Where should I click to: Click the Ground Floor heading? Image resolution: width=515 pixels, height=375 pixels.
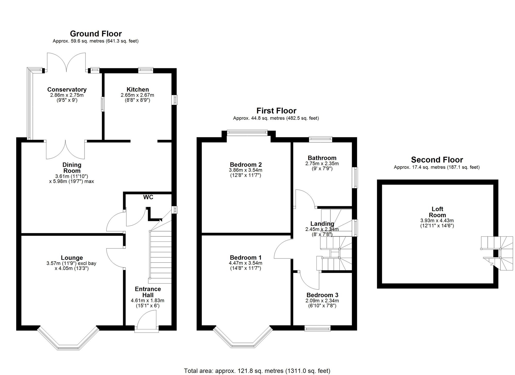pyautogui.click(x=96, y=34)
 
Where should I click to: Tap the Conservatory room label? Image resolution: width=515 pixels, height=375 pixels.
pyautogui.click(x=67, y=89)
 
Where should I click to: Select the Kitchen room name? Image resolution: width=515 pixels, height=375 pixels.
pyautogui.click(x=138, y=89)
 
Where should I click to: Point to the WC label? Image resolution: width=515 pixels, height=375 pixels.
pyautogui.click(x=148, y=197)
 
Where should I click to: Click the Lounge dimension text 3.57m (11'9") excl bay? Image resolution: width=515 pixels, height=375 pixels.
pyautogui.click(x=71, y=263)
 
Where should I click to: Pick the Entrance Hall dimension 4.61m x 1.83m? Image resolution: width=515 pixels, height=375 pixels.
pyautogui.click(x=148, y=301)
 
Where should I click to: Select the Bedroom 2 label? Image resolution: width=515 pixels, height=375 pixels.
pyautogui.click(x=246, y=164)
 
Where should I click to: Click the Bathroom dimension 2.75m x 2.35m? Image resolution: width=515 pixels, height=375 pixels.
pyautogui.click(x=322, y=163)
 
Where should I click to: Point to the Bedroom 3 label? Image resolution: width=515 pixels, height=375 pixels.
pyautogui.click(x=322, y=295)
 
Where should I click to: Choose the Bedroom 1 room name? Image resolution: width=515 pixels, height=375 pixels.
pyautogui.click(x=246, y=257)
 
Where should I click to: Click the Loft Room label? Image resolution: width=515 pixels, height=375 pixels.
pyautogui.click(x=437, y=212)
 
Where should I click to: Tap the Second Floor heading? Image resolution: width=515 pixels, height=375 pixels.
pyautogui.click(x=437, y=160)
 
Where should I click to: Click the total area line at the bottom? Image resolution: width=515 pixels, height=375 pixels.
pyautogui.click(x=257, y=371)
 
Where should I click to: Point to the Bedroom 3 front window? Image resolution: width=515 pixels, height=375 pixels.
pyautogui.click(x=317, y=328)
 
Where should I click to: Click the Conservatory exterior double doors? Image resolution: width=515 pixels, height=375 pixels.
pyautogui.click(x=66, y=62)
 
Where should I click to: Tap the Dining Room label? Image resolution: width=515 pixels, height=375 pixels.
pyautogui.click(x=72, y=168)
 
